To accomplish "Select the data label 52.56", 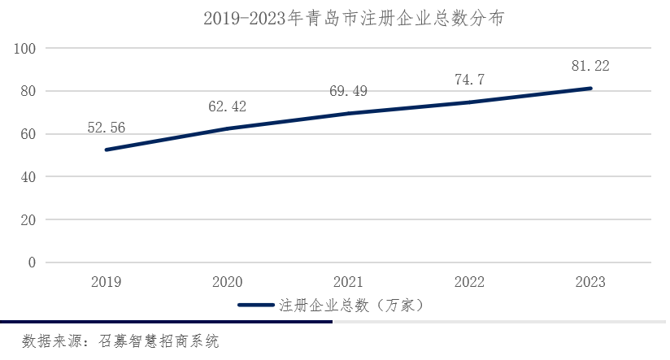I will (x=106, y=127).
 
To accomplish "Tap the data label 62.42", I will (x=227, y=106).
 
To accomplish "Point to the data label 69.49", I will (x=348, y=91).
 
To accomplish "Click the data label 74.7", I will (x=469, y=80).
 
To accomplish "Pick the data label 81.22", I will (x=590, y=66).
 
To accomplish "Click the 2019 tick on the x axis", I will (x=106, y=282).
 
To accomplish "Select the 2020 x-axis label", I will (x=227, y=282).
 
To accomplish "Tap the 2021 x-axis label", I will (x=348, y=282).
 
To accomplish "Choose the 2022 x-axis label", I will (x=469, y=282).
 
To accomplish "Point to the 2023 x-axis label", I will (x=590, y=282).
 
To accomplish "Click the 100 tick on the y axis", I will (x=26, y=49).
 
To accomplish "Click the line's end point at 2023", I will (x=590, y=88).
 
